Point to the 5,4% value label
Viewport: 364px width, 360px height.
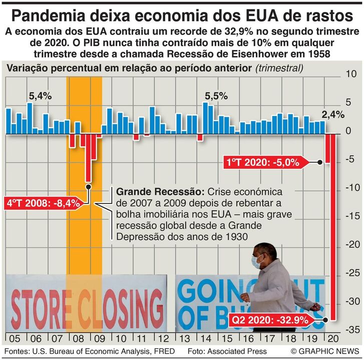pyautogui.click(x=40, y=96)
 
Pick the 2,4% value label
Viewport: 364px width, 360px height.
pyautogui.click(x=333, y=114)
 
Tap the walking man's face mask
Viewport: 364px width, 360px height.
pyautogui.click(x=257, y=261)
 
